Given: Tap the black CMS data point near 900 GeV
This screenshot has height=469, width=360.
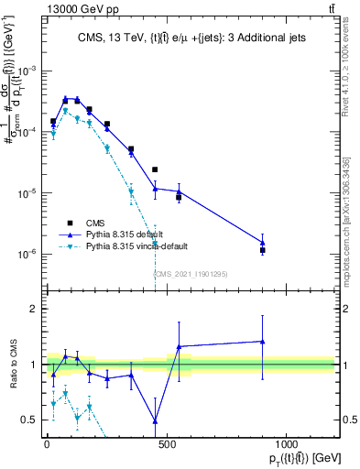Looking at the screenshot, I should pyautogui.click(x=263, y=250).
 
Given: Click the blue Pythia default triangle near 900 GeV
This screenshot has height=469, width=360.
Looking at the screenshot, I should pyautogui.click(x=263, y=243).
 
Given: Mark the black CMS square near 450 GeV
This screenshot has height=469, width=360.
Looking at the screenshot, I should pyautogui.click(x=155, y=169).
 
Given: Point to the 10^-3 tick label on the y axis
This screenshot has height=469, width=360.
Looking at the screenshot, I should pyautogui.click(x=27, y=71).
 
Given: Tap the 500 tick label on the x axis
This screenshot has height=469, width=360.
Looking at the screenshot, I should pyautogui.click(x=167, y=443).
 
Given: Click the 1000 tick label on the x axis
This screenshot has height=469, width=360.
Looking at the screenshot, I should pyautogui.click(x=287, y=443).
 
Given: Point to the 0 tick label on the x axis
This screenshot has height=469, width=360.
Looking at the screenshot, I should pyautogui.click(x=47, y=443).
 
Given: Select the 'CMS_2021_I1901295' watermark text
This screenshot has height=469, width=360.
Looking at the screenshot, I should pyautogui.click(x=190, y=274).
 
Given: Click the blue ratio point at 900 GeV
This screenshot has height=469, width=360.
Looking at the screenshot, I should pyautogui.click(x=263, y=341).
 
